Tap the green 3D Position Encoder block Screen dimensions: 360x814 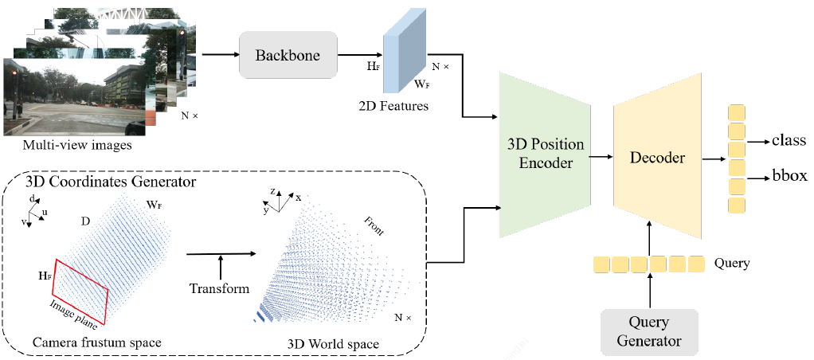click(x=546, y=155)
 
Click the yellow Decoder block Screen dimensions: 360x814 click(x=657, y=157)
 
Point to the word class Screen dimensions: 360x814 click(x=790, y=140)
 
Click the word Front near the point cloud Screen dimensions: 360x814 click(x=374, y=226)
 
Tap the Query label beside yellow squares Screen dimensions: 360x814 click(x=733, y=262)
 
